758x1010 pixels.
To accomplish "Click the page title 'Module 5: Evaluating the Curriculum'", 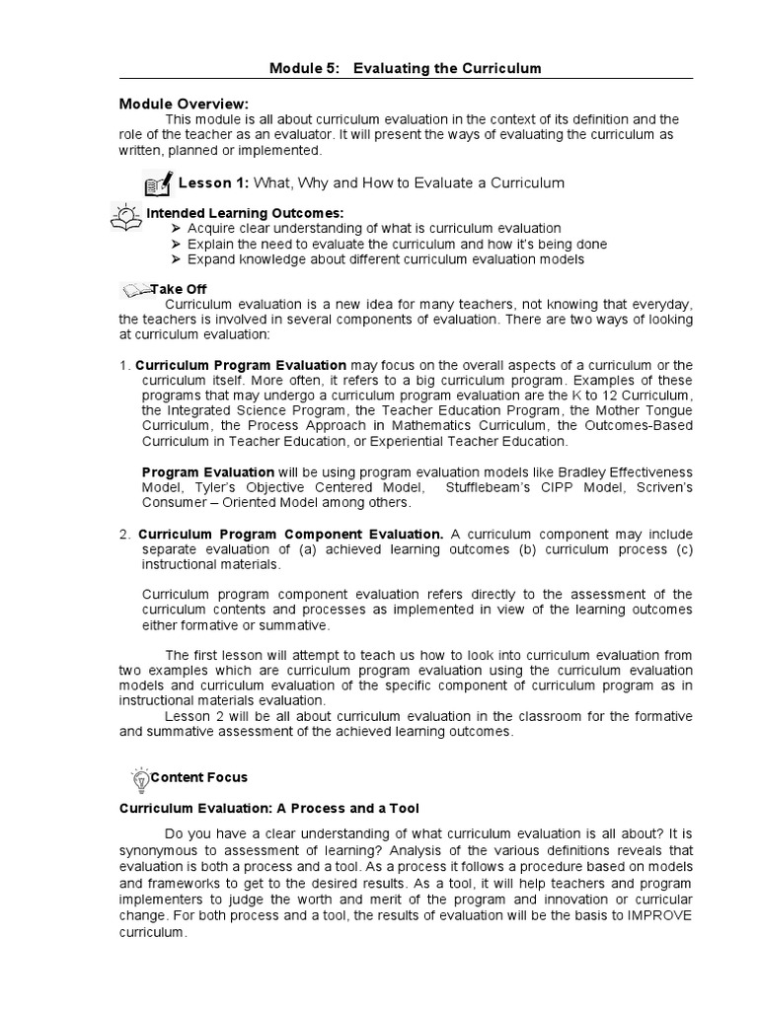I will tap(406, 67).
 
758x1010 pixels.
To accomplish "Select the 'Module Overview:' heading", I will tap(184, 104).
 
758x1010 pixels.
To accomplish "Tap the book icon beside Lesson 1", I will tap(157, 183).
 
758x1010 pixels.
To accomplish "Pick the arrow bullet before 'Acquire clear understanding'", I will tap(177, 229).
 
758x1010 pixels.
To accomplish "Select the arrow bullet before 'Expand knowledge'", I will tap(177, 260).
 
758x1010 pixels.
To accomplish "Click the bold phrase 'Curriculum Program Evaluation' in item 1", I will tap(240, 366).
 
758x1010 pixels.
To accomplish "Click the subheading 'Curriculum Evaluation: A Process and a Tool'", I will tap(269, 808).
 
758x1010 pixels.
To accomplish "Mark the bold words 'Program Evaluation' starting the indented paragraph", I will tap(208, 472).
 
